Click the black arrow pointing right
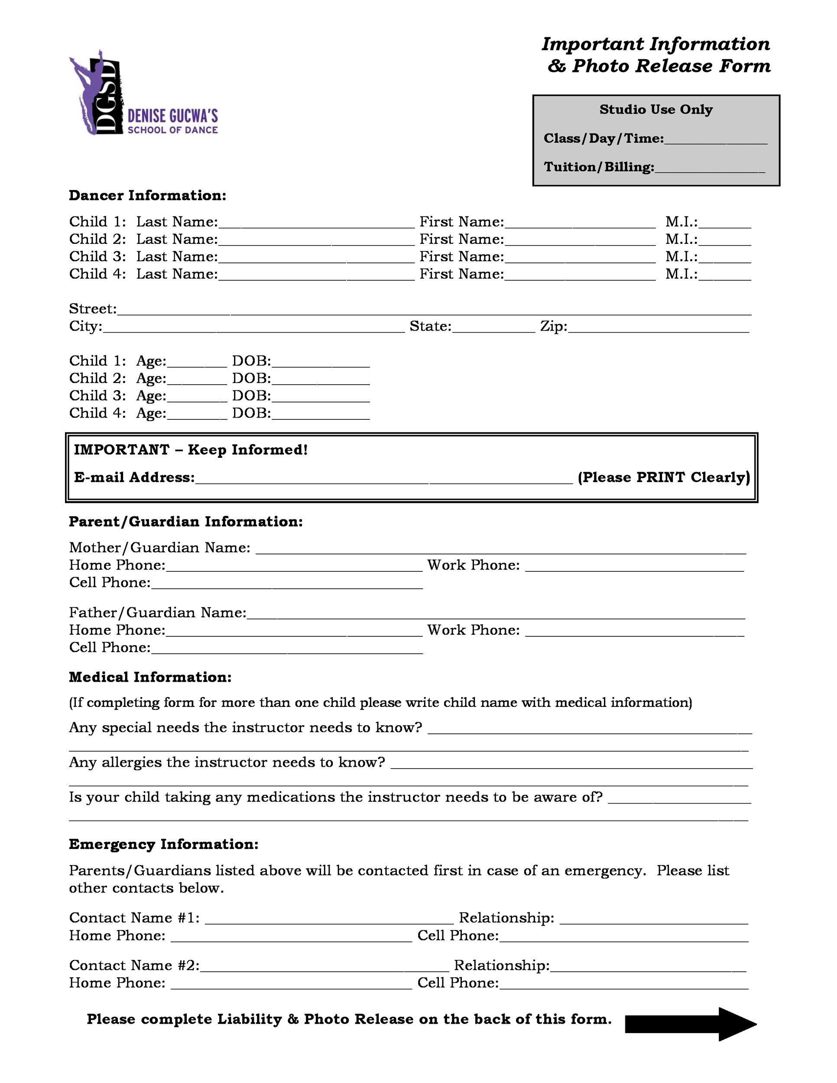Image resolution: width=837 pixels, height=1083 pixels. (690, 1024)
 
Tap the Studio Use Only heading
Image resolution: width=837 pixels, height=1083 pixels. (655, 110)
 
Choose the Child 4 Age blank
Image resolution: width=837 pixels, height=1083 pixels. (197, 415)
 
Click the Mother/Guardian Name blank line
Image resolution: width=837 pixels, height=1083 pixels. (500, 549)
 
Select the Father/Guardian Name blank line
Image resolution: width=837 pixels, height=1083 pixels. (496, 614)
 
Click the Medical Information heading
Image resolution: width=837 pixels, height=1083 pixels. (150, 678)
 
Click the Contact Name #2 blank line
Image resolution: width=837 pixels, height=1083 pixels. (324, 967)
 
